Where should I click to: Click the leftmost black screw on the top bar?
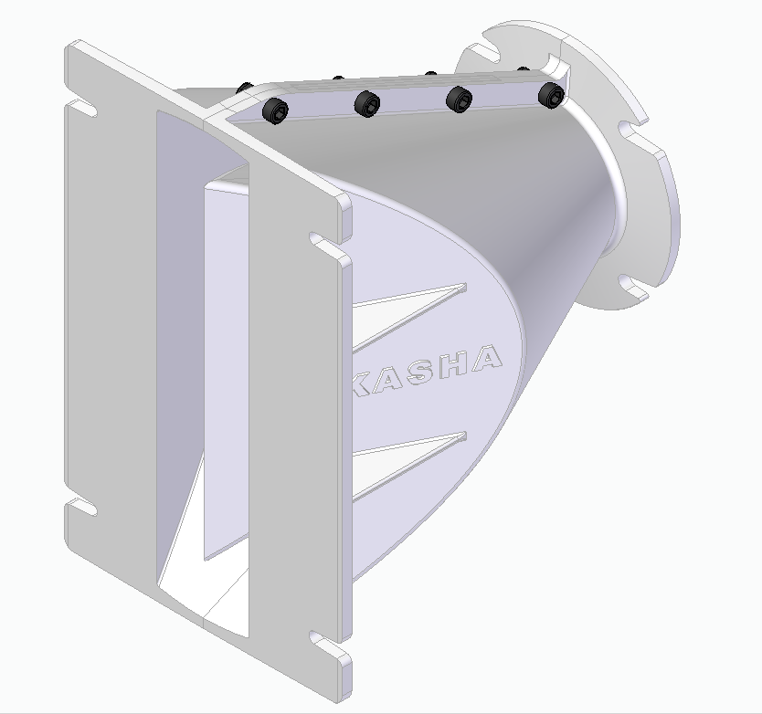[275, 110]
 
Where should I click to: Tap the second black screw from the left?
[367, 103]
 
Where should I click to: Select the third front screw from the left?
[460, 100]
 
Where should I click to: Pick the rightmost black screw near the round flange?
[552, 95]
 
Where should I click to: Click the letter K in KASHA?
[363, 383]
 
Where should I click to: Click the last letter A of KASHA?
[486, 359]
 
